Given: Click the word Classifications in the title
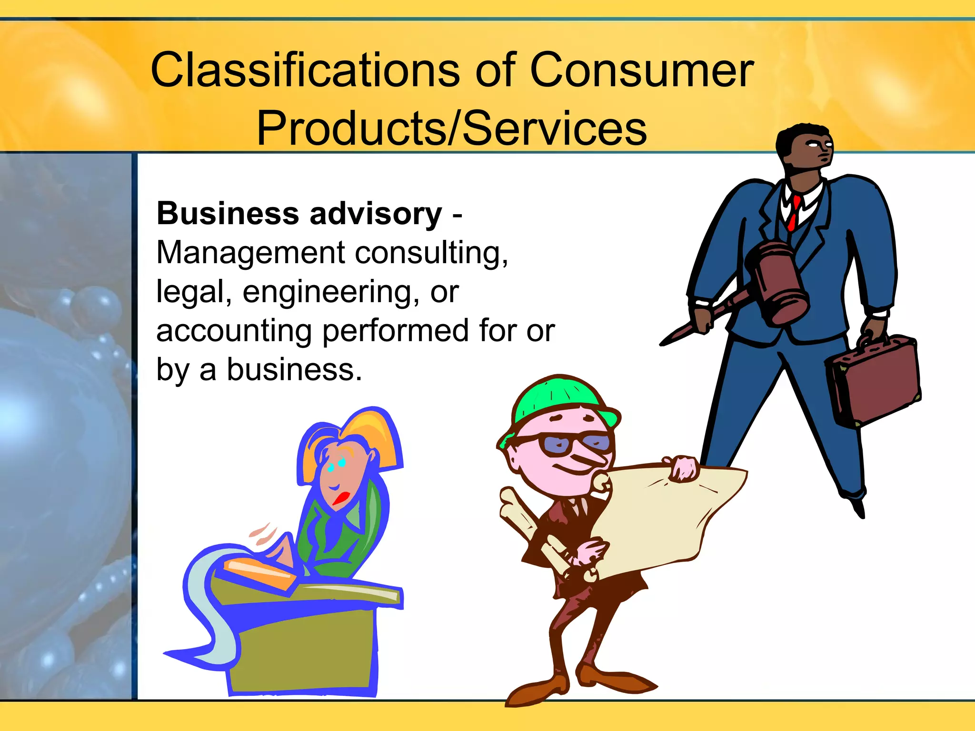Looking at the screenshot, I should coord(305,70).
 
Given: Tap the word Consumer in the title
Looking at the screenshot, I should coord(641,70).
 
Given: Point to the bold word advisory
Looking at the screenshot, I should coord(376,214).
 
